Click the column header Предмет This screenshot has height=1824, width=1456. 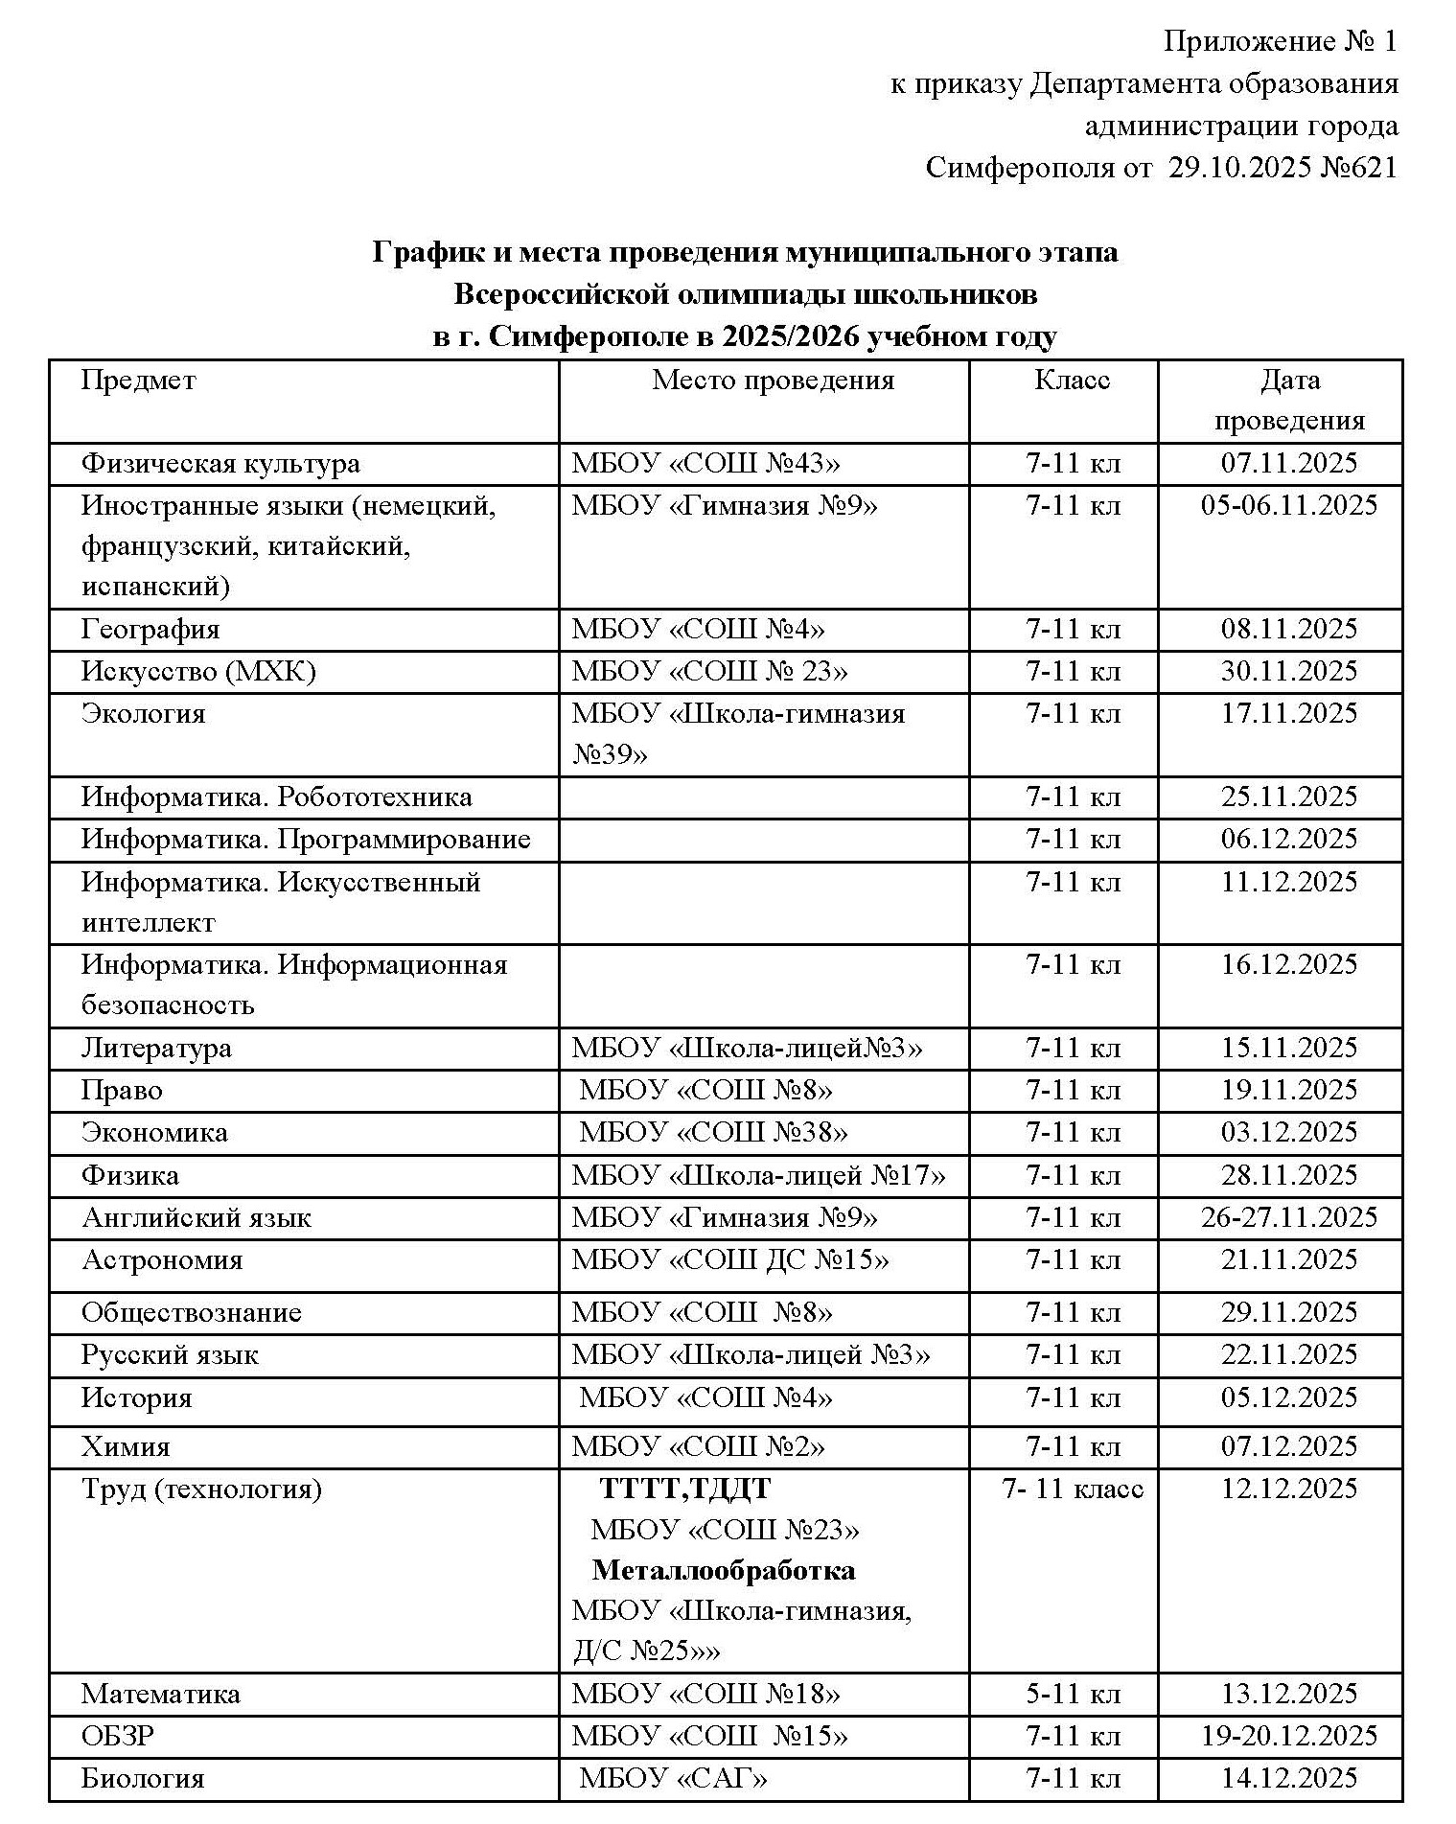(138, 381)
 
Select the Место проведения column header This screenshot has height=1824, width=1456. (773, 381)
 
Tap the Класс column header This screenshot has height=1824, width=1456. (1072, 381)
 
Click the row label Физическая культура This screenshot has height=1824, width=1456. (220, 464)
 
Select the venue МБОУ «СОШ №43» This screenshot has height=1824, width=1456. (705, 464)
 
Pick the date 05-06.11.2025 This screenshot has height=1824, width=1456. (1288, 505)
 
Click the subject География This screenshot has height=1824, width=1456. (150, 630)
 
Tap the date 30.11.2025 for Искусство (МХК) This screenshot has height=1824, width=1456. (1288, 671)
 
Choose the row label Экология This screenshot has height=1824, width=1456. (143, 714)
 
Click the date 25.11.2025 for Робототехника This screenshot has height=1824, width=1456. (1288, 797)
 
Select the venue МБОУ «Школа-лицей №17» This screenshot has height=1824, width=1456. (758, 1175)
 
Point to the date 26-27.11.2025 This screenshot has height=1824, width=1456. (1288, 1217)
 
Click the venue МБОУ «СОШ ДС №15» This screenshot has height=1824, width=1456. (729, 1259)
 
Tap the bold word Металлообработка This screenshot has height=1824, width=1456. (724, 1570)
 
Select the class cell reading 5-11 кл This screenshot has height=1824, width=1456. (1072, 1694)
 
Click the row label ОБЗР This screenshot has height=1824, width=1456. (117, 1736)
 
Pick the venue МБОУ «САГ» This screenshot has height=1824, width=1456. (673, 1779)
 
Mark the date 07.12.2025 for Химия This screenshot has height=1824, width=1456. (1288, 1445)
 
